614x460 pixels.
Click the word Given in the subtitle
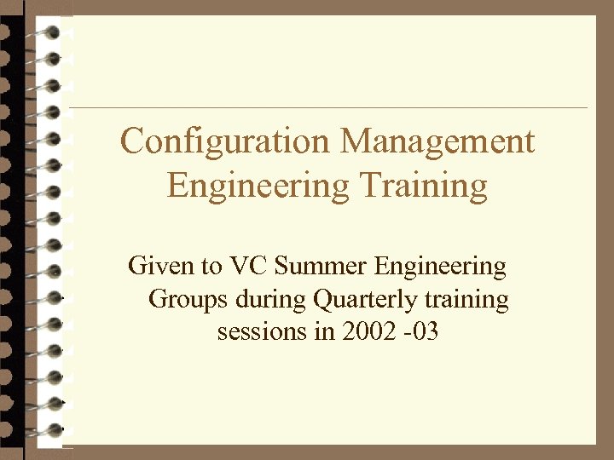click(161, 267)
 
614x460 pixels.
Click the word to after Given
click(211, 267)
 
